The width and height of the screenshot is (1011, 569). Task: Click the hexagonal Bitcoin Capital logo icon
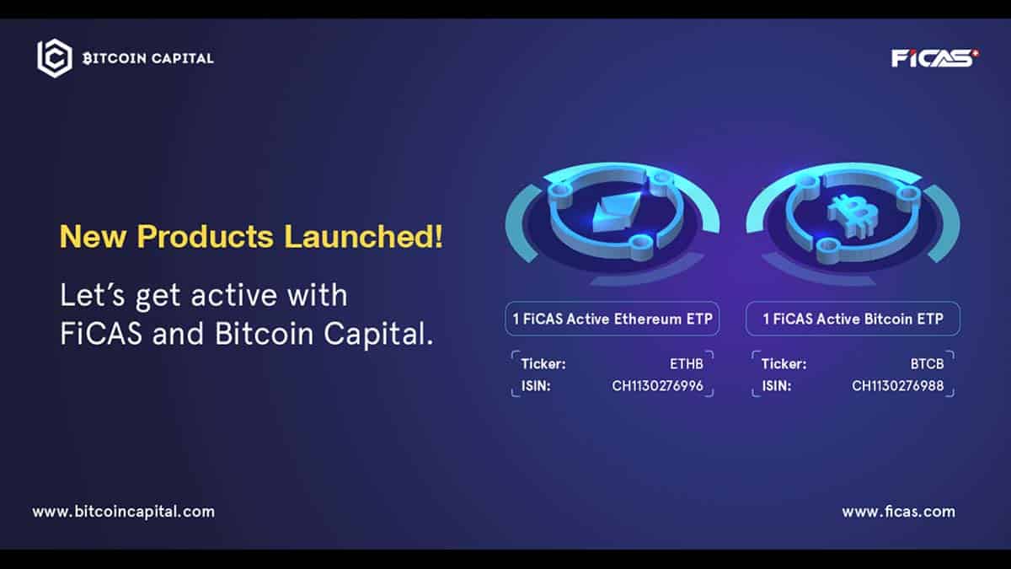pos(55,58)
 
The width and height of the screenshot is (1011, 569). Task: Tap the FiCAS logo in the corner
pos(934,58)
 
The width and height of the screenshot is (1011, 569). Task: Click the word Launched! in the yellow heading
pos(363,236)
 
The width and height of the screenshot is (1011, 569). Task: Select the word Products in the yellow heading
pos(206,236)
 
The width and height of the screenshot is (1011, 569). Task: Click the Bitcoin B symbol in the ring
pos(853,216)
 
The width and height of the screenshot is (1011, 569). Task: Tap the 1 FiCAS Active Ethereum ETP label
pos(612,319)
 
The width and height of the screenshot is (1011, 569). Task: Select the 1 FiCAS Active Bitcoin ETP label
pos(853,319)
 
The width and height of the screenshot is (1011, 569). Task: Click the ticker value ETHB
pos(686,364)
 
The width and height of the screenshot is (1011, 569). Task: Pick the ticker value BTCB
pos(927,364)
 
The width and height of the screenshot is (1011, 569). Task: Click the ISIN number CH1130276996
pos(658,386)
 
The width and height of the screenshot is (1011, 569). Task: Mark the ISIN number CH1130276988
pos(898,386)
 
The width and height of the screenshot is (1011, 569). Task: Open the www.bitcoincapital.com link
pos(124,513)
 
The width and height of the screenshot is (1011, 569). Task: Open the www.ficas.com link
pos(899,512)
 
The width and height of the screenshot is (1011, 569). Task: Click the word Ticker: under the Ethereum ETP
pos(543,364)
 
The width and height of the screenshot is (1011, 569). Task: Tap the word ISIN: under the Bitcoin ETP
pos(777,386)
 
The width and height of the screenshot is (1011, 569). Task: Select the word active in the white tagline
pos(234,296)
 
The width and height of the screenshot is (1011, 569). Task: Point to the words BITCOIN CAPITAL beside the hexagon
pos(148,58)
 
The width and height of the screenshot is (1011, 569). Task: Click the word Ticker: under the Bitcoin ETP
pos(784,364)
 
